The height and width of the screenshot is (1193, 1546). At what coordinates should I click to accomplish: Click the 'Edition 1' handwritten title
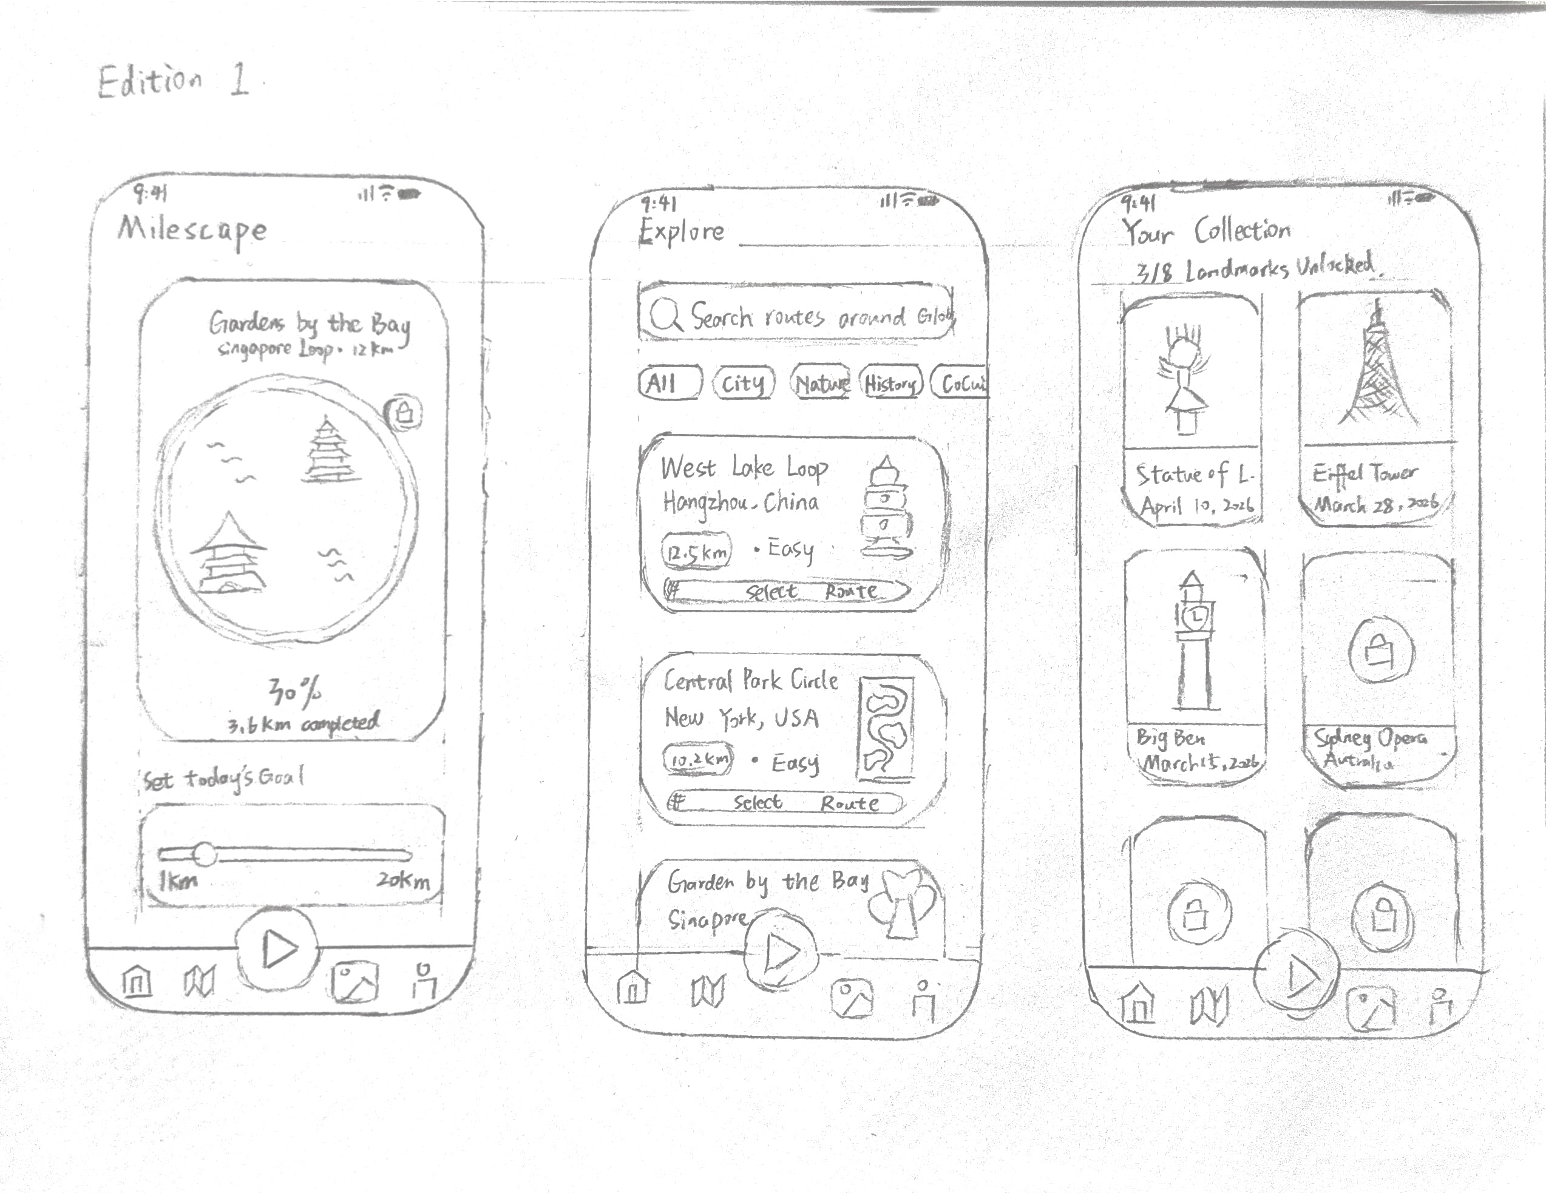[174, 81]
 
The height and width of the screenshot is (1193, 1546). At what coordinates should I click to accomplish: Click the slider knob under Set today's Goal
[205, 854]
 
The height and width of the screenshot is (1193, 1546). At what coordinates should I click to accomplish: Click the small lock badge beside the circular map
[404, 412]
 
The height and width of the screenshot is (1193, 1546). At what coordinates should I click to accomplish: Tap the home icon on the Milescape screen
[137, 981]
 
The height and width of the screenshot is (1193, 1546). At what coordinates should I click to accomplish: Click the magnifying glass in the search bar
[665, 315]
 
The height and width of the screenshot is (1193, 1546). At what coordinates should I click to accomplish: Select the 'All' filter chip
[668, 384]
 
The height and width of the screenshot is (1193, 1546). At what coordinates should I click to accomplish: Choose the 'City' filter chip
[744, 384]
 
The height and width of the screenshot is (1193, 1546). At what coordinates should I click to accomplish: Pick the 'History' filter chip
[890, 384]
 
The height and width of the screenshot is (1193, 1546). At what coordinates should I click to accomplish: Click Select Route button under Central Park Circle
[785, 802]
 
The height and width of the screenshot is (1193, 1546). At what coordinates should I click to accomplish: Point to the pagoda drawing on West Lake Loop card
[885, 508]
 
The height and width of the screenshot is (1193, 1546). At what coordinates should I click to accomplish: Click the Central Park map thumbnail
[886, 729]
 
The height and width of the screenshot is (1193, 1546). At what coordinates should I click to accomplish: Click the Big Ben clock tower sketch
[1194, 640]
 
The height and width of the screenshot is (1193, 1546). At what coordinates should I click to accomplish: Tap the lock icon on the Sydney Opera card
[1379, 651]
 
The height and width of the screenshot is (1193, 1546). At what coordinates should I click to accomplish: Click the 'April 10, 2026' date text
[1196, 506]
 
